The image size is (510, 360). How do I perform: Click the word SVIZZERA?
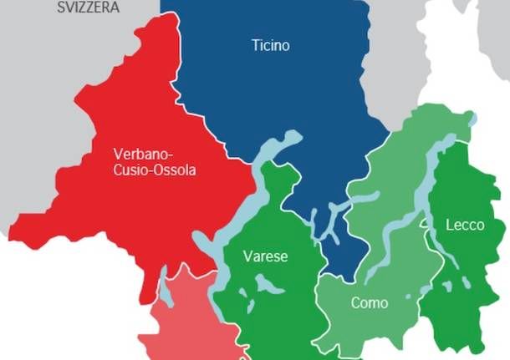pos(89,7)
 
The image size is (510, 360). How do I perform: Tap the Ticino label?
pos(270,45)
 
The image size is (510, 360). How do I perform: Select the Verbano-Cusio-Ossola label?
pos(154,162)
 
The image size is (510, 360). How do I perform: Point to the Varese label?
pos(265,256)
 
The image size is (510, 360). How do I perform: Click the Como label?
pos(369,302)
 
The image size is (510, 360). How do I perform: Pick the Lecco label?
pos(466,225)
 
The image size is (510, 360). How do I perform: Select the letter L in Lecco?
pos(450,225)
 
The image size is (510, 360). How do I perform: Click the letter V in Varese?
pos(247,256)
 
